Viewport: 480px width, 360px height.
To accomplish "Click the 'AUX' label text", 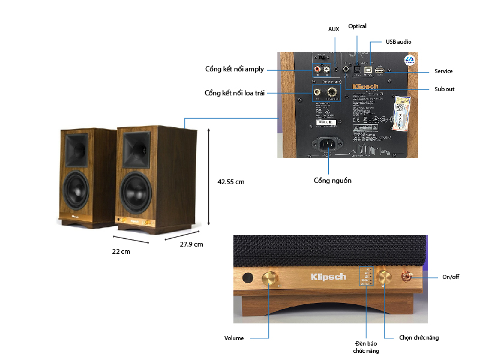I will pyautogui.click(x=334, y=29).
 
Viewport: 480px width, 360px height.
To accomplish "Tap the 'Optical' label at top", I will pyautogui.click(x=357, y=26).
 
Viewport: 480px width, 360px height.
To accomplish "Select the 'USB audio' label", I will pyautogui.click(x=398, y=41).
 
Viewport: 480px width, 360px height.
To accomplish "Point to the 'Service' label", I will pyautogui.click(x=443, y=71).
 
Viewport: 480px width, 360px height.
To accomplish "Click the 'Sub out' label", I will pyautogui.click(x=445, y=89).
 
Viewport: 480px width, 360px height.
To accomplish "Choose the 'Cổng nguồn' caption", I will pyautogui.click(x=332, y=181).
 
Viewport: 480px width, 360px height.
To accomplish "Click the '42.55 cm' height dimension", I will pyautogui.click(x=231, y=181).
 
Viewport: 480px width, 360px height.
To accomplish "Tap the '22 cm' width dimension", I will pyautogui.click(x=121, y=251).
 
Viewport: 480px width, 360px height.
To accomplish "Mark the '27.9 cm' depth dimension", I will pyautogui.click(x=191, y=244).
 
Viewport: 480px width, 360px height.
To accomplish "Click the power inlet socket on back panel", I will pyautogui.click(x=329, y=144).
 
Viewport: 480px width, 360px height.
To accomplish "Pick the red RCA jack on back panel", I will pyautogui.click(x=316, y=70).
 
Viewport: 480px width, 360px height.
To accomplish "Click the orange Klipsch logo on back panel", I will pyautogui.click(x=365, y=88).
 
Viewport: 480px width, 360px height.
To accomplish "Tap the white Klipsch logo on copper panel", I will pyautogui.click(x=328, y=277).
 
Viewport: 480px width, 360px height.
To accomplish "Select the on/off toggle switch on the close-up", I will pyautogui.click(x=407, y=277).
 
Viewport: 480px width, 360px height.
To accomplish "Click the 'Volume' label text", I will pyautogui.click(x=234, y=338).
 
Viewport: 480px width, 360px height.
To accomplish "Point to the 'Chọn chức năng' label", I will pyautogui.click(x=419, y=338).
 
